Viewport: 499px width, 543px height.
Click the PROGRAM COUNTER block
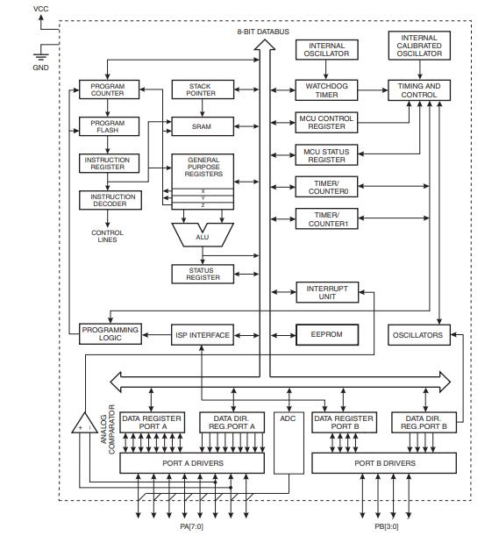[x=109, y=89]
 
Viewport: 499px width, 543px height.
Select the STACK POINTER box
[x=203, y=89]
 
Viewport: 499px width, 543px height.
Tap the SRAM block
[x=203, y=126]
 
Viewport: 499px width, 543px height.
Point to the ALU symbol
[x=203, y=234]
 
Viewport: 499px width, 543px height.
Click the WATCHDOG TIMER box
[x=327, y=89]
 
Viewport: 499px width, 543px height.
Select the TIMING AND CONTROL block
[x=419, y=89]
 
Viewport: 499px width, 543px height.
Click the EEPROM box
[x=327, y=335]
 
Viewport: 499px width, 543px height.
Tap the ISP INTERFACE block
[x=203, y=335]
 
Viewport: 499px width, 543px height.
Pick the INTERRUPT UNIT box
[x=327, y=293]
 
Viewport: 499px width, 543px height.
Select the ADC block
[x=288, y=419]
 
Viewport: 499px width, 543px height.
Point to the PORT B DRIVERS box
[x=384, y=462]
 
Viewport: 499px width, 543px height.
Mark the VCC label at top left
[x=41, y=8]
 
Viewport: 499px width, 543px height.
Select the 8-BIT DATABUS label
[x=260, y=32]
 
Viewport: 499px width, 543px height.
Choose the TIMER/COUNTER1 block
[x=327, y=218]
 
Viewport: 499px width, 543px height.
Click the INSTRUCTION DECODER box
[x=109, y=201]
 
